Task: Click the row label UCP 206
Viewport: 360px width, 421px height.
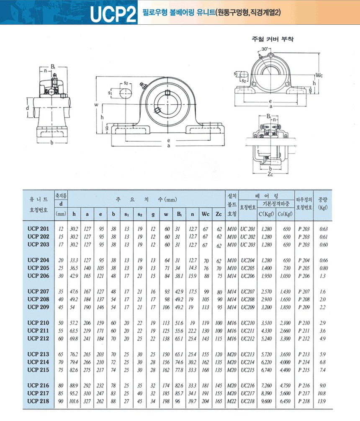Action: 39,276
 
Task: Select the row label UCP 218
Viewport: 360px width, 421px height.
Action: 39,401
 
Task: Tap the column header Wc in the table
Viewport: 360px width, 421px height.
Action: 206,214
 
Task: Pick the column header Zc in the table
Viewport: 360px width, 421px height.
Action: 219,214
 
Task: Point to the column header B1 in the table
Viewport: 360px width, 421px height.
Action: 179,214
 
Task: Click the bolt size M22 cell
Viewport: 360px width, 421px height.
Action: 232,401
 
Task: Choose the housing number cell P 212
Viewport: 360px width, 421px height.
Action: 304,338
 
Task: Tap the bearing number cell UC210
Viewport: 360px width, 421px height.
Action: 247,323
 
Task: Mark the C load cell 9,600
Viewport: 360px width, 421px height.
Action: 267,401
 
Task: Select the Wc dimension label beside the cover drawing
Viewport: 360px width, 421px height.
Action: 319,75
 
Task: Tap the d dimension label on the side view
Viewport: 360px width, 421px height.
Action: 27,108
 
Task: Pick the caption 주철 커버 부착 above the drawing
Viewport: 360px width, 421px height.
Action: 273,39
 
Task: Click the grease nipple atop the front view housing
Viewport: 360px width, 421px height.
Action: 143,85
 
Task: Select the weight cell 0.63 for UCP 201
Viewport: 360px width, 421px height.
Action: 324,229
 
